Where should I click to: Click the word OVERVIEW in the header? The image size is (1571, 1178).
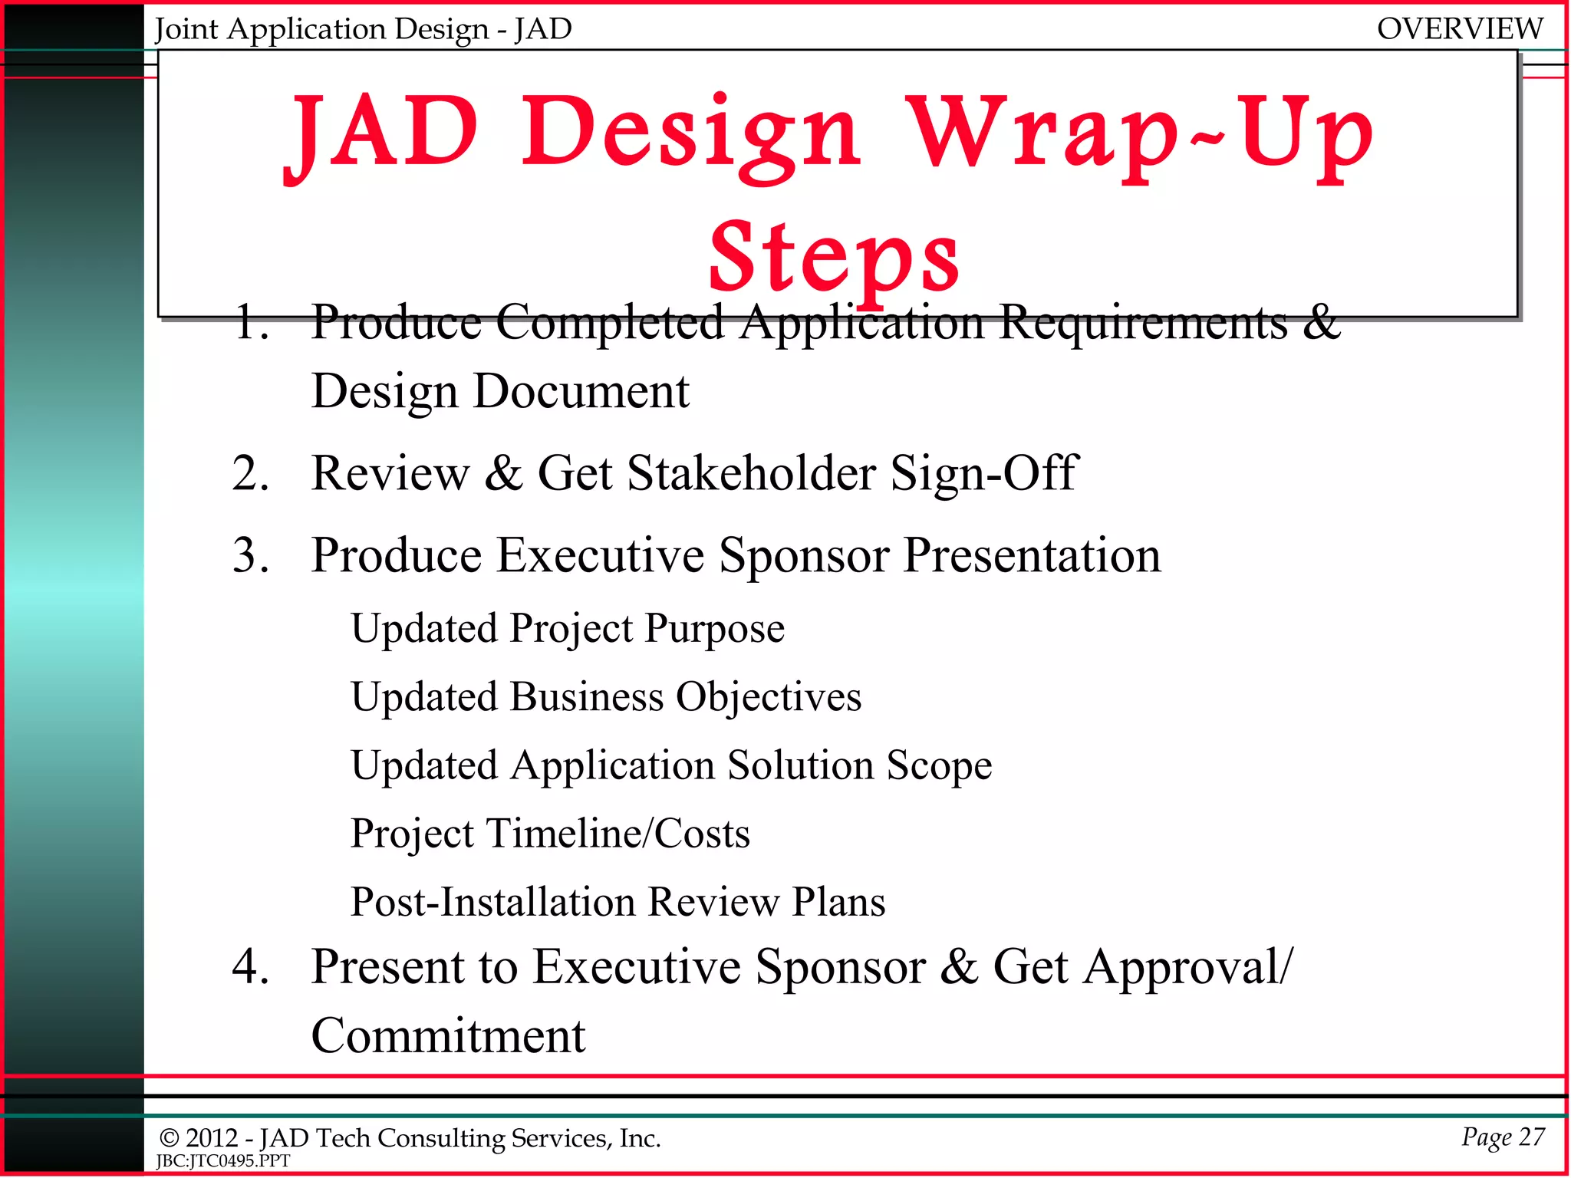1459,29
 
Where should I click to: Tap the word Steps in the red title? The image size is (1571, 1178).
834,257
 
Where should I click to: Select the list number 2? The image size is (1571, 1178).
250,473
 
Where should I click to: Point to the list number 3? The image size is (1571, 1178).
250,555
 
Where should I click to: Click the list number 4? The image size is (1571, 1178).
250,966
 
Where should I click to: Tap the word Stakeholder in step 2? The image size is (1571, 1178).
751,473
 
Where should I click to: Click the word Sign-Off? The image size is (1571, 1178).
984,473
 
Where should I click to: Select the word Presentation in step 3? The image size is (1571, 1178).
1032,555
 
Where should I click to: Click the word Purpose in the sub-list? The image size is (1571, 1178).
714,629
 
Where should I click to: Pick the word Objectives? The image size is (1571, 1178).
768,697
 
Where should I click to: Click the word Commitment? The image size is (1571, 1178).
448,1036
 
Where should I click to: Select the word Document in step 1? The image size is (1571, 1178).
581,392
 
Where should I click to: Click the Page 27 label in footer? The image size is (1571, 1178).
1502,1137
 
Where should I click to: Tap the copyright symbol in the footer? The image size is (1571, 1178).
169,1139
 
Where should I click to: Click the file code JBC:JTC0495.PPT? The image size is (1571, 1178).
222,1161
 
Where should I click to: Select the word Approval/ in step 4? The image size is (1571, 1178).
1142,966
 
